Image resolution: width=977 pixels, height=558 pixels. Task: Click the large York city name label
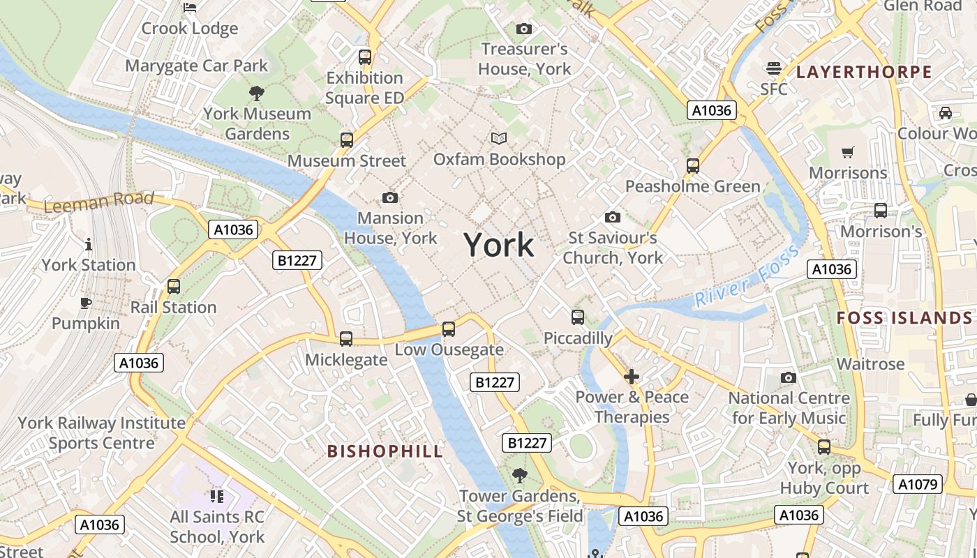498,246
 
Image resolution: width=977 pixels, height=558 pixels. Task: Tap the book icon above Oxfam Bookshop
498,139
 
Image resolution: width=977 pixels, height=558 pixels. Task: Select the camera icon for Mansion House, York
390,198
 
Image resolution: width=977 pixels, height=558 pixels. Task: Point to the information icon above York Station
89,245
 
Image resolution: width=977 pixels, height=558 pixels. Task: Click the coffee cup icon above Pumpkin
85,303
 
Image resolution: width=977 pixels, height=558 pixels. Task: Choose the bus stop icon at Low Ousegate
449,329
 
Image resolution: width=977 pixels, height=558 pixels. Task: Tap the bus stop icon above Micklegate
346,339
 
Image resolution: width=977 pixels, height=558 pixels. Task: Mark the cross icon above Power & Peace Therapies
632,377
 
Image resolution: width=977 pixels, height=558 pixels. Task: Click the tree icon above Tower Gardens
519,476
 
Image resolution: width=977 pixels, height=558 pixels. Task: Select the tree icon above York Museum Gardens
257,93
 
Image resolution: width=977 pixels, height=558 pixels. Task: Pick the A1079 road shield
918,484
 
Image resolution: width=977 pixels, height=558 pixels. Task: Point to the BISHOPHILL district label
385,451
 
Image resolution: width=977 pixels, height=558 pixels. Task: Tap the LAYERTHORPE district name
864,72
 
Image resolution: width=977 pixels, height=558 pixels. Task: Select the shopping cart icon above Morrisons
848,152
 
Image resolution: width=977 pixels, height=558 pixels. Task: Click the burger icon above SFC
773,68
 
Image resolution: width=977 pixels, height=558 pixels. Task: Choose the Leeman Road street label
98,202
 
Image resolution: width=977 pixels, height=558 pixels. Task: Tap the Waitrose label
870,363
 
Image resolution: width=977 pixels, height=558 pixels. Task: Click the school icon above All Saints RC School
217,497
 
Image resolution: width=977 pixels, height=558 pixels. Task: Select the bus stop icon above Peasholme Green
692,166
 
